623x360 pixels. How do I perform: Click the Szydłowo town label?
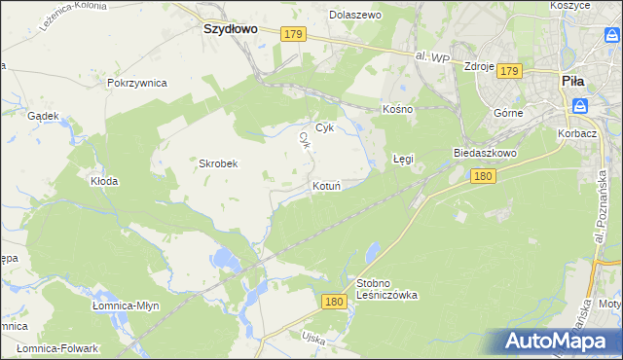click(230, 29)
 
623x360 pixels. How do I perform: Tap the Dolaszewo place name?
click(355, 16)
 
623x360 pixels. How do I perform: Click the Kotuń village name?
click(326, 185)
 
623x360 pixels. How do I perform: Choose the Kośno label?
click(398, 109)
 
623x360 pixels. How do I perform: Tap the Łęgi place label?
click(403, 157)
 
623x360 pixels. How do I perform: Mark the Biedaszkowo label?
click(484, 154)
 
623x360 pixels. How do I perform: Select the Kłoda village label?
click(104, 181)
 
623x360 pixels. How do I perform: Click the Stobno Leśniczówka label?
click(387, 289)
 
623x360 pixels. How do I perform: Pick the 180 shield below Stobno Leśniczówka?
click(334, 303)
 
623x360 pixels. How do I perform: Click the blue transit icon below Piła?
click(580, 105)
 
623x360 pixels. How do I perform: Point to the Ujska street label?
click(285, 337)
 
